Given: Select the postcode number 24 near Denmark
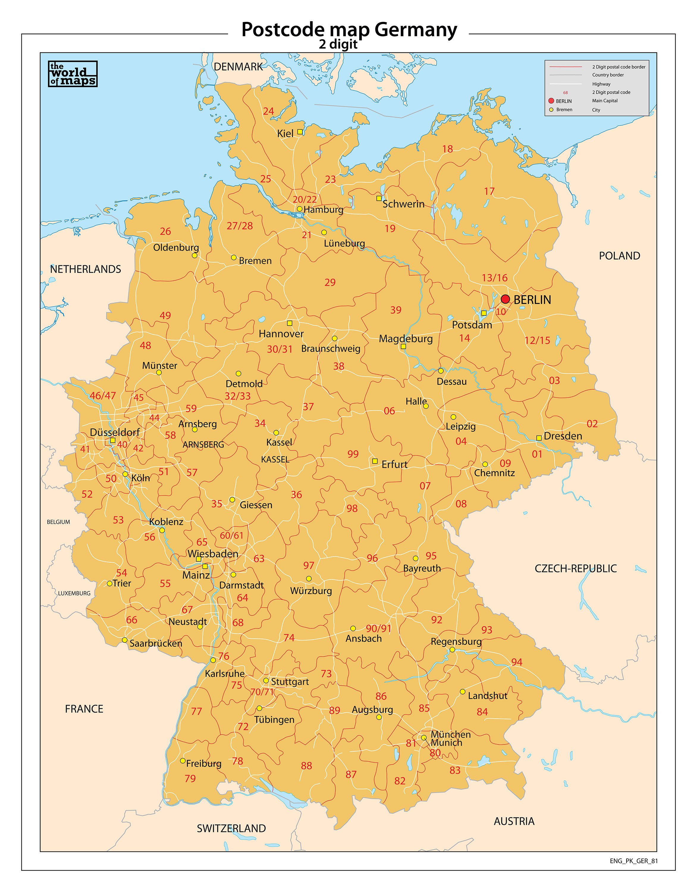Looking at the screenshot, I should [269, 111].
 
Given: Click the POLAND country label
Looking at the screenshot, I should [619, 256].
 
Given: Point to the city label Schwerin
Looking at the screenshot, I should [403, 204].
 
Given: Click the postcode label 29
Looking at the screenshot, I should [330, 282].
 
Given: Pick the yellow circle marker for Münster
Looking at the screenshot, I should [159, 373].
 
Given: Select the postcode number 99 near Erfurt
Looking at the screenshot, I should [353, 454].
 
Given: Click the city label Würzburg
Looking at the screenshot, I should [311, 591].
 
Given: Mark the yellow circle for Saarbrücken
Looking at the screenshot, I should [125, 640].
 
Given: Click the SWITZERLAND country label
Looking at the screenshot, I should [231, 828].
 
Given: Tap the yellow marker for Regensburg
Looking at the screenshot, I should [452, 649].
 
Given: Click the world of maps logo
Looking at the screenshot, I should [73, 74].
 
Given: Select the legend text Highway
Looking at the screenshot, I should [601, 84].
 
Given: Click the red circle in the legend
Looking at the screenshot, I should [551, 100].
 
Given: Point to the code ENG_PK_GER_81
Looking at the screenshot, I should [634, 861].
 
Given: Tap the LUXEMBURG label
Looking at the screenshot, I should [74, 593].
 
